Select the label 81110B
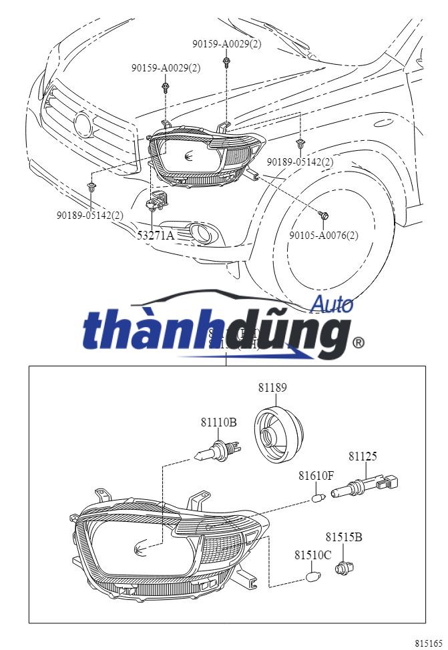click(x=218, y=422)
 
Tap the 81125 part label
click(x=363, y=456)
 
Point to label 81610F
click(x=316, y=476)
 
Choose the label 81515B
click(x=344, y=537)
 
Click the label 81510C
click(x=312, y=555)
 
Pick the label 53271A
click(x=156, y=235)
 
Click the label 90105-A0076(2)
click(x=323, y=235)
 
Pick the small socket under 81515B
click(x=345, y=568)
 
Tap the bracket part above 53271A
click(x=157, y=200)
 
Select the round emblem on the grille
click(x=84, y=123)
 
